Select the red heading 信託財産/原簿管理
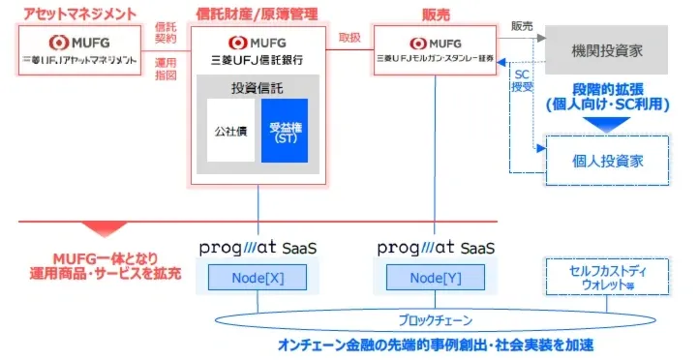pyautogui.click(x=257, y=14)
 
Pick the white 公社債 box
pyautogui.click(x=230, y=131)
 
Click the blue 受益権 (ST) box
pyautogui.click(x=284, y=131)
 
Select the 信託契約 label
pyautogui.click(x=167, y=36)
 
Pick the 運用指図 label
pyautogui.click(x=167, y=67)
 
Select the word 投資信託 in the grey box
pyautogui.click(x=258, y=87)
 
